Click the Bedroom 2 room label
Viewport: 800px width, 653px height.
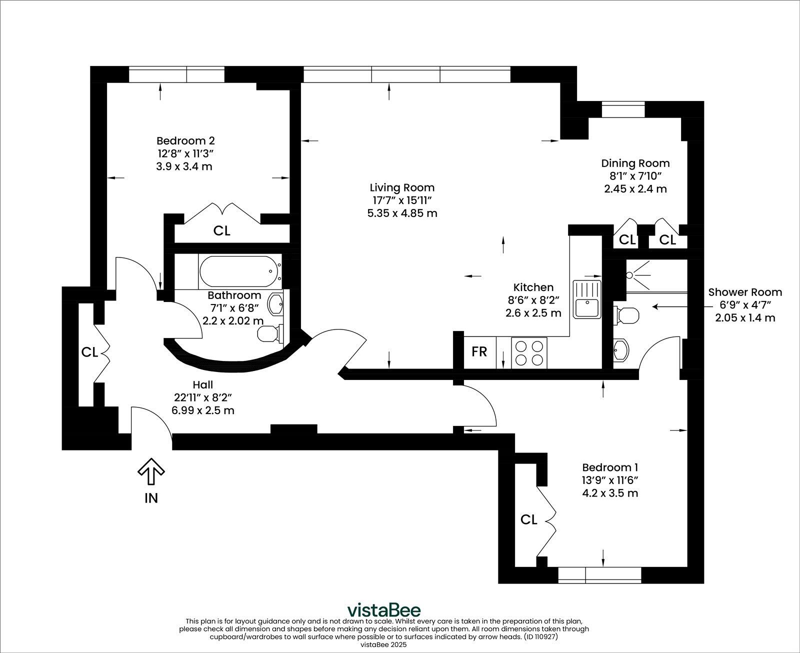point(185,140)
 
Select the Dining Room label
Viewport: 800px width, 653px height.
point(635,163)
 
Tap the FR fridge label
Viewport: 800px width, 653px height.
point(479,351)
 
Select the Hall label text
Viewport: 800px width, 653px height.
point(202,384)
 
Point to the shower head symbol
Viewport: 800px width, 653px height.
point(630,274)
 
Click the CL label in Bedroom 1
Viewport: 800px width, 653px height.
point(528,520)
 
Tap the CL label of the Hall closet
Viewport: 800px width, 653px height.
point(89,352)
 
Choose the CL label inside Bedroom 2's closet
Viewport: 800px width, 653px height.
point(221,230)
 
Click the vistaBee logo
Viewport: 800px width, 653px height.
point(384,610)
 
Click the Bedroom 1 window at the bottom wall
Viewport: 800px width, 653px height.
point(599,575)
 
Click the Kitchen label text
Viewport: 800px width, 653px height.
point(533,287)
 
